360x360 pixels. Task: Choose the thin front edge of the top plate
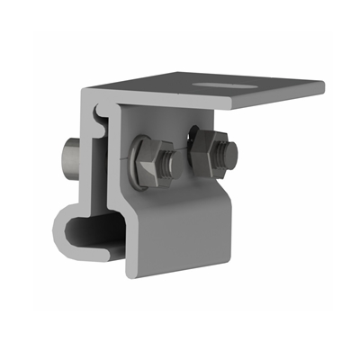(270, 99)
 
